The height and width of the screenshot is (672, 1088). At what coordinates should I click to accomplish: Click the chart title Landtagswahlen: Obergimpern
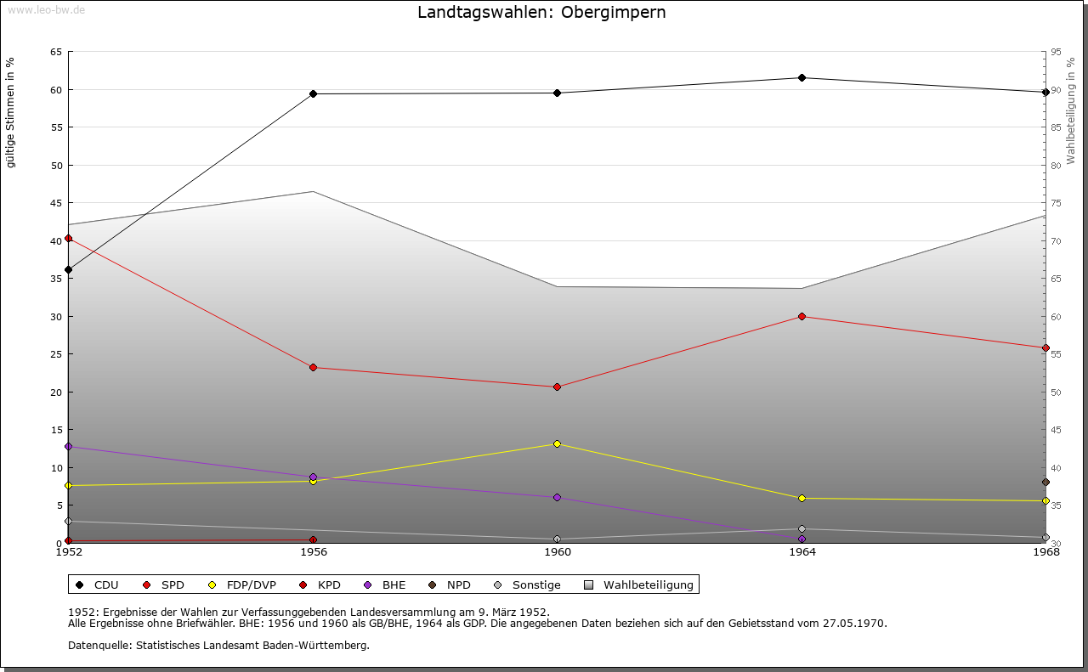pos(541,13)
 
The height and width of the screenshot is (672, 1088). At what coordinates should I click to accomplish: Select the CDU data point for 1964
pos(802,78)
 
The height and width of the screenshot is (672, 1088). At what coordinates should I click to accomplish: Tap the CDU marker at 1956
pos(313,93)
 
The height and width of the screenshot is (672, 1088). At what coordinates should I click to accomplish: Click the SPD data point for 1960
pos(557,387)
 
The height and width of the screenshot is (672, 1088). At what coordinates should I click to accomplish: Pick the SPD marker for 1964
pos(802,316)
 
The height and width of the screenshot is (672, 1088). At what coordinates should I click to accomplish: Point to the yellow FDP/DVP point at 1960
pos(557,443)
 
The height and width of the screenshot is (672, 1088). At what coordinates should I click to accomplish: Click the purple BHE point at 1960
pos(557,497)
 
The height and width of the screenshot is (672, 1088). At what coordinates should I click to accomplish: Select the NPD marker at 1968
pos(1045,482)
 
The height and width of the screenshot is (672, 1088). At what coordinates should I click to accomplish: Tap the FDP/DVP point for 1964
pos(802,498)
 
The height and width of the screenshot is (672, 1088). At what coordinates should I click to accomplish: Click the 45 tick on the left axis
pos(55,203)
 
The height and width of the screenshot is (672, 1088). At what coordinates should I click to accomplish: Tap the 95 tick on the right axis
pos(1056,52)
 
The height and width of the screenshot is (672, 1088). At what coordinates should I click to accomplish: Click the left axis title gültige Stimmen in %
pos(11,113)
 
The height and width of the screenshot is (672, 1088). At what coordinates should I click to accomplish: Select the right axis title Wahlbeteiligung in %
pos(1071,110)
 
